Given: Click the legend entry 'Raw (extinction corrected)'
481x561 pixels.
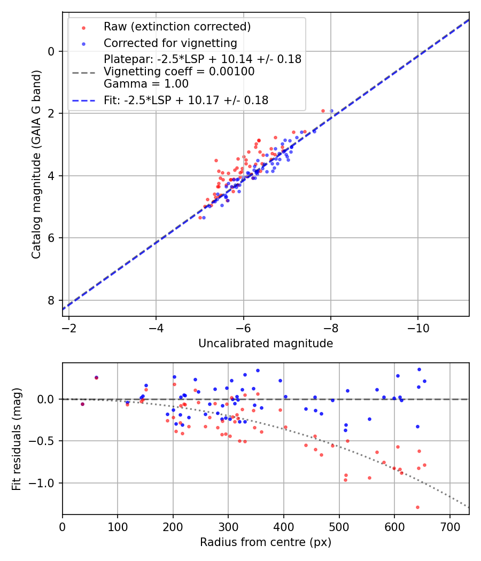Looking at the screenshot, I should click(x=177, y=27).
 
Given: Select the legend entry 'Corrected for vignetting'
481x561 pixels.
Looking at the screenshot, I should click(x=170, y=43).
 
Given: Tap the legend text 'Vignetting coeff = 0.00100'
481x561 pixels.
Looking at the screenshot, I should click(x=179, y=72).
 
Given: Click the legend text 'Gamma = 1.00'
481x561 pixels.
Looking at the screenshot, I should click(x=146, y=83).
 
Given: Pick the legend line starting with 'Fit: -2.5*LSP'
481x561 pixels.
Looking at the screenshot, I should click(x=185, y=100).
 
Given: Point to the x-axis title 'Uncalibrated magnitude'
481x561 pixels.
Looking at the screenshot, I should click(x=266, y=344).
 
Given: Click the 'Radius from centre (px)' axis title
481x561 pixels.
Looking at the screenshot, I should click(x=266, y=542).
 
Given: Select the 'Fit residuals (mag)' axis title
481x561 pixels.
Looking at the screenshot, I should click(x=17, y=439).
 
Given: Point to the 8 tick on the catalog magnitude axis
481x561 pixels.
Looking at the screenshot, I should click(x=51, y=300).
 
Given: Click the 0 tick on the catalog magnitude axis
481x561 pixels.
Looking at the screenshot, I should click(x=51, y=51).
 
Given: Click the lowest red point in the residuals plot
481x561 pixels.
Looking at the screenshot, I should click(x=417, y=507).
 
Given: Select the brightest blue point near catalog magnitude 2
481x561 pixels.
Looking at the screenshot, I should click(x=331, y=111).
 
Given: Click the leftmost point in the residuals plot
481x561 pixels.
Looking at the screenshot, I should click(x=82, y=404).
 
